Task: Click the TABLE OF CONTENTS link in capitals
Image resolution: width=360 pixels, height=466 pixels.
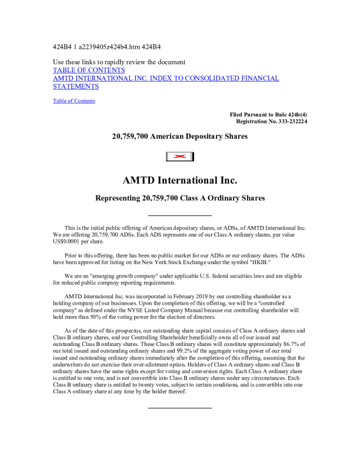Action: (89, 70)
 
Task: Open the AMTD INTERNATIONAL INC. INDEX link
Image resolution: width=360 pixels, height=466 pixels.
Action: (166, 78)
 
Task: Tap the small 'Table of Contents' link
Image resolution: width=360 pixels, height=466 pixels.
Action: (74, 101)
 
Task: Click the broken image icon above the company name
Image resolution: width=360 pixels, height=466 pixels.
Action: (179, 156)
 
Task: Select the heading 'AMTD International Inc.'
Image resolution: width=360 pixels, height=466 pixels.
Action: (179, 179)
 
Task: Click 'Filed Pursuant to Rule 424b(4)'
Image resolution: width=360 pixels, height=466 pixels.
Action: (268, 114)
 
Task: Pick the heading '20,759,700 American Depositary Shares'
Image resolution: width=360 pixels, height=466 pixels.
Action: (179, 137)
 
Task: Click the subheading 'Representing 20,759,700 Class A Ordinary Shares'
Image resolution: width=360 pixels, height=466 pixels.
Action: (179, 198)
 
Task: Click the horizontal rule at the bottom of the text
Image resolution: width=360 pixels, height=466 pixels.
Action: (179, 408)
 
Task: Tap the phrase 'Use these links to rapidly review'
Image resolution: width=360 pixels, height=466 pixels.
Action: (100, 62)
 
